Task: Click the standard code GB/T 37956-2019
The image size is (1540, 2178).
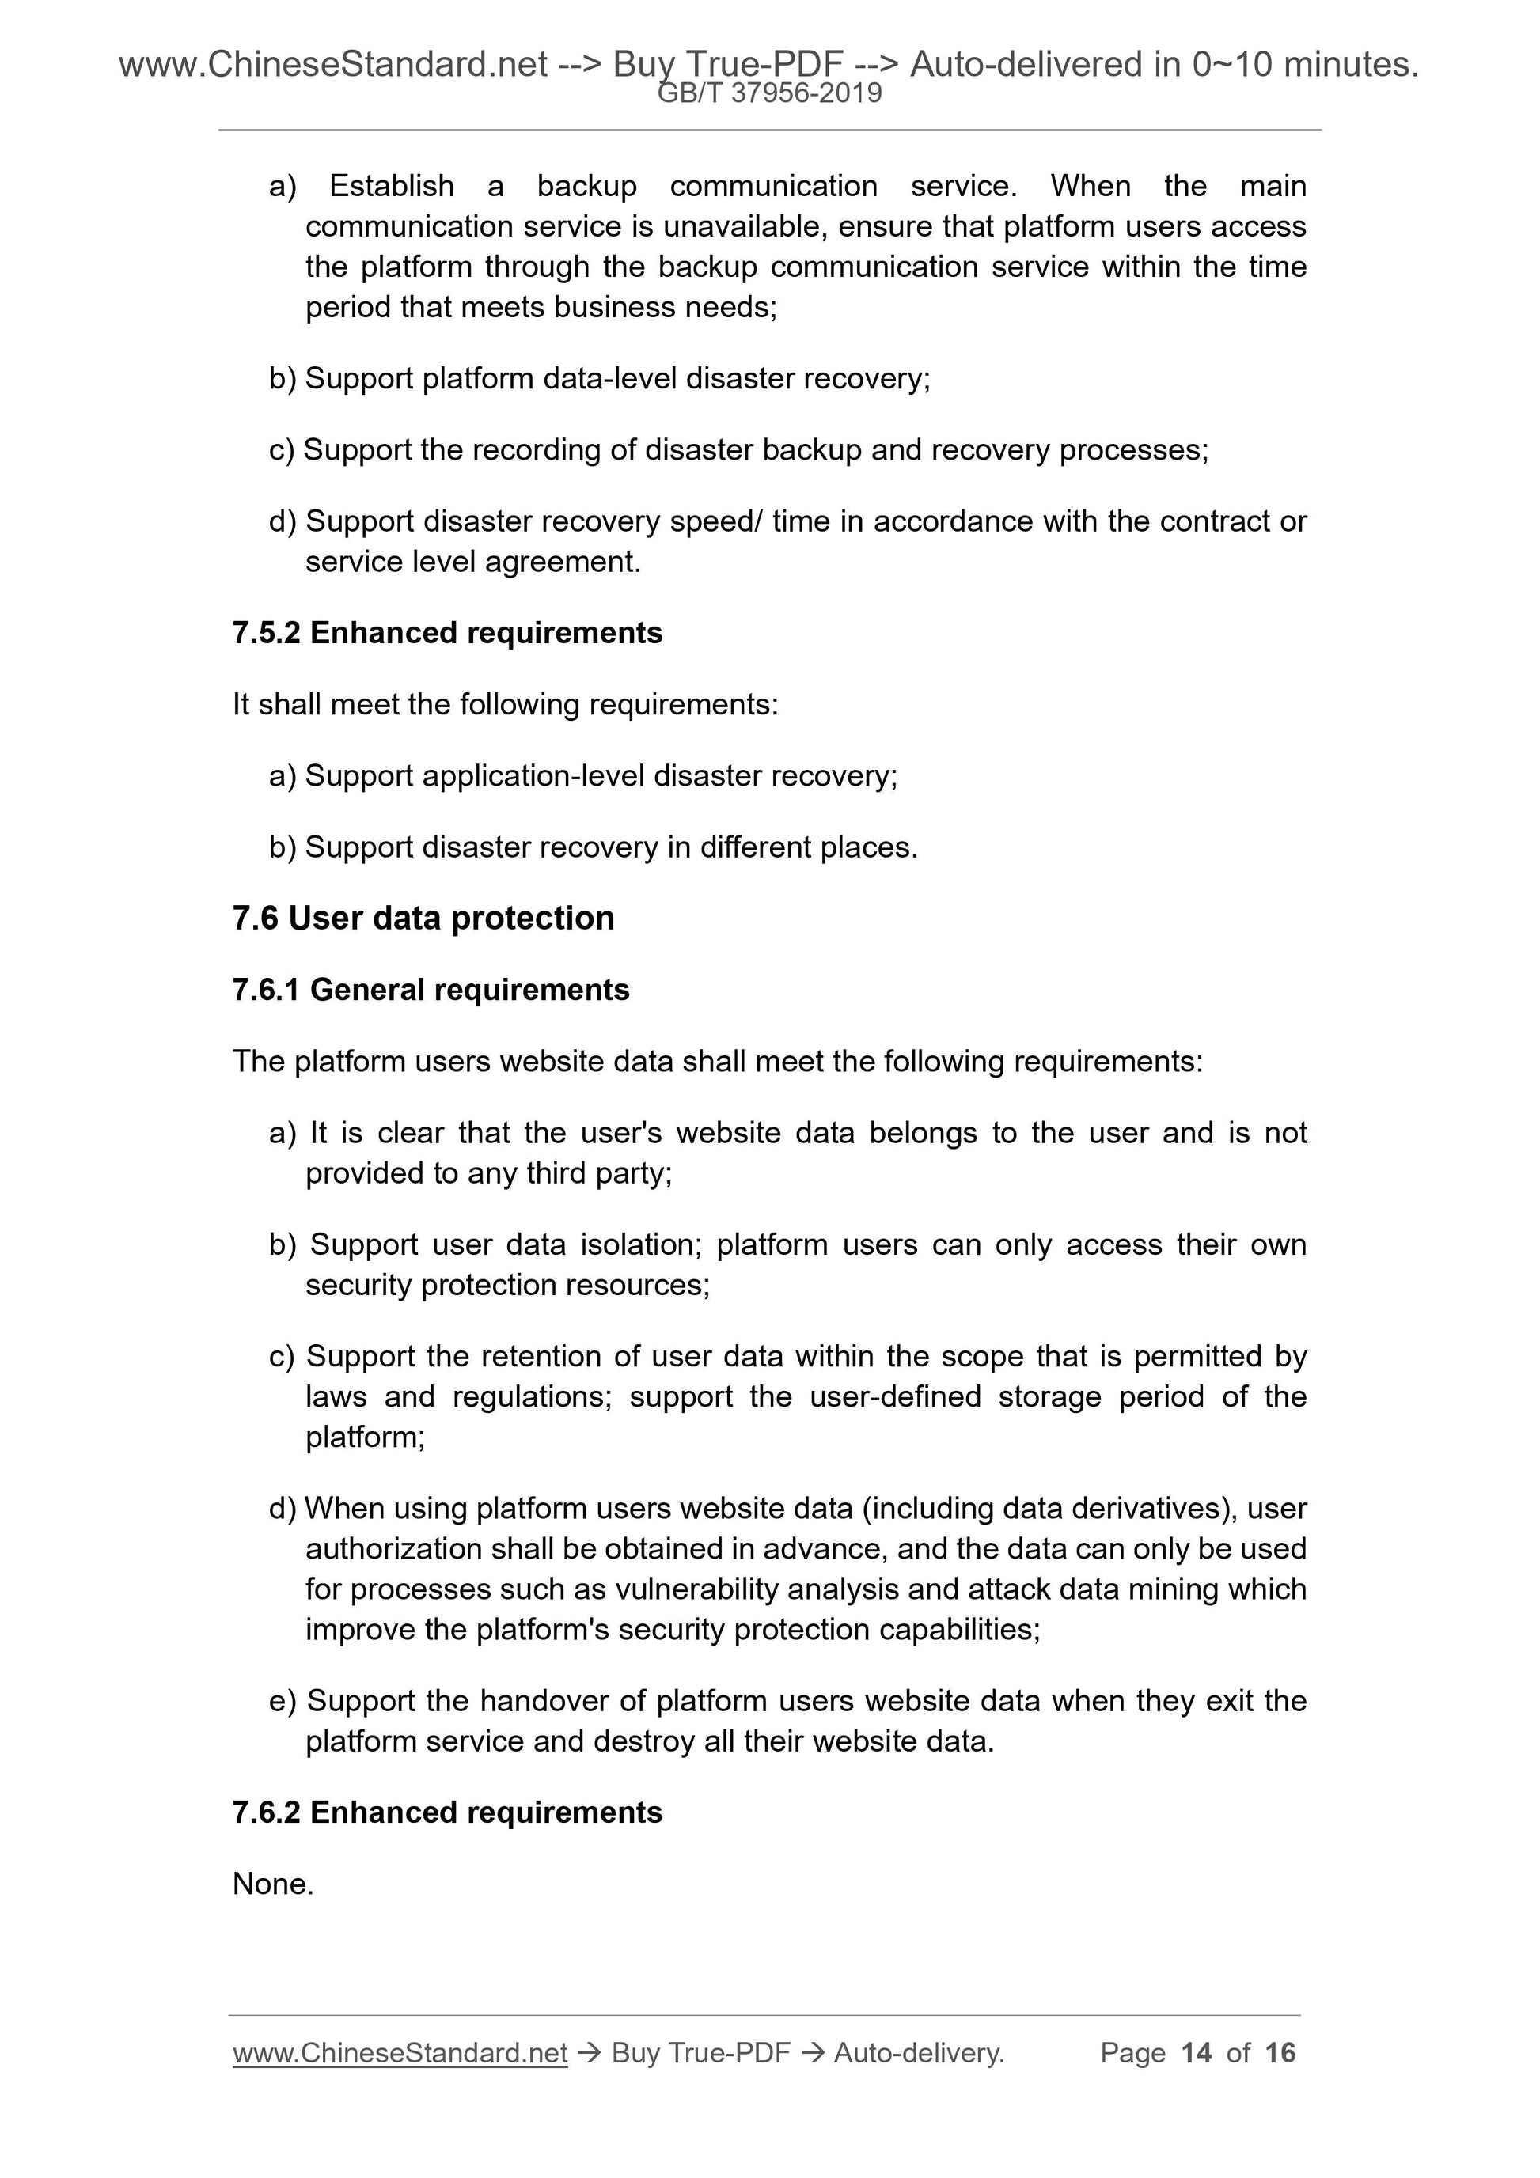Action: pos(769,93)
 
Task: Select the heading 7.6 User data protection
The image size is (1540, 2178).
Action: pos(423,919)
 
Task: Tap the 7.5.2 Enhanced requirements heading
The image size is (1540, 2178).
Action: pos(447,633)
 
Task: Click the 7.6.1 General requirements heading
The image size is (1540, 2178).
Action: pos(431,990)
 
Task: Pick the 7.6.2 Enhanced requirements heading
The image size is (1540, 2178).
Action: pos(447,1812)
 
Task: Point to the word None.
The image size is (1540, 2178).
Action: pos(272,1883)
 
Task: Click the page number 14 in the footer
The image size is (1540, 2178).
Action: pos(1197,2053)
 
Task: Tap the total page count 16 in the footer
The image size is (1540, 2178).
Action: pos(1280,2053)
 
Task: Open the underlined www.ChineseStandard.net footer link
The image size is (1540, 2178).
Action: pos(400,2053)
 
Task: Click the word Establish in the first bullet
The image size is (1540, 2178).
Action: pos(391,186)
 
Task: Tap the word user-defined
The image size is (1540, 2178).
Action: pos(895,1396)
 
